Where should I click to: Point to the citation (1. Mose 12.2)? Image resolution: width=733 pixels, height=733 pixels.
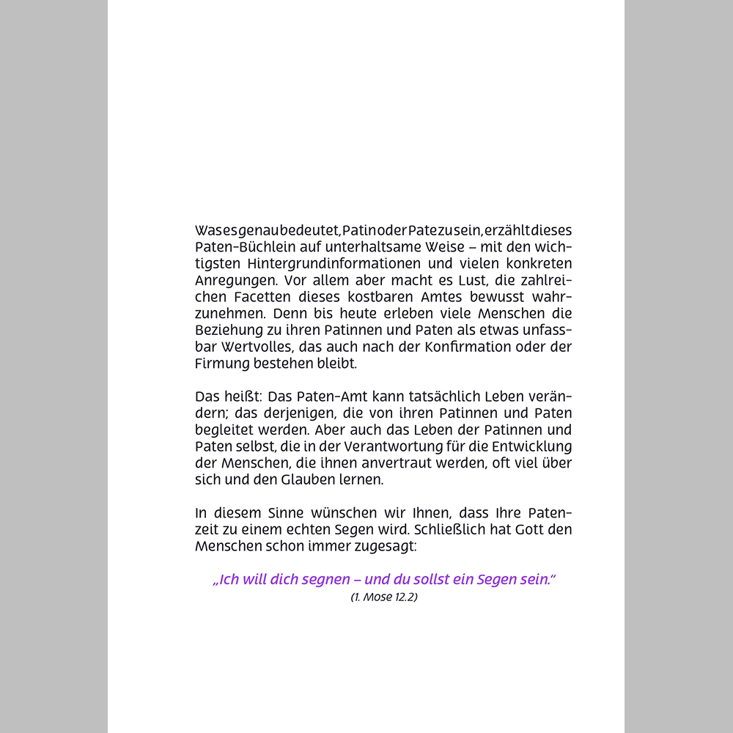pos(384,597)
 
